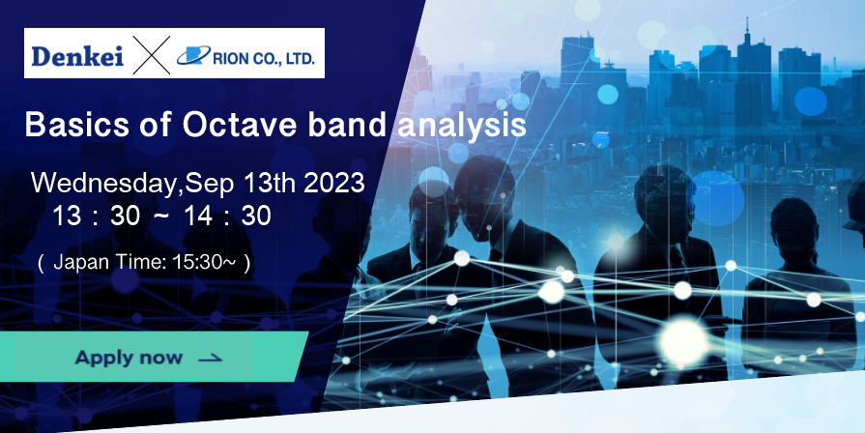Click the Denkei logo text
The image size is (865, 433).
pos(77,57)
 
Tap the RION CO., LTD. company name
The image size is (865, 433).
pos(264,58)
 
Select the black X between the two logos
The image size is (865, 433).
pos(151,55)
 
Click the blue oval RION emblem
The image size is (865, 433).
pos(193,55)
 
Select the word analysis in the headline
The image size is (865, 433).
pos(462,127)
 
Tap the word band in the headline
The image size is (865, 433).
pos(347,126)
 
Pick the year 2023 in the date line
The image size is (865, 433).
pos(334,183)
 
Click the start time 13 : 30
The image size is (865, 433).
pos(96,216)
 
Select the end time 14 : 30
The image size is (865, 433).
pos(227,216)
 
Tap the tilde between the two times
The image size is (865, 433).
pos(161,215)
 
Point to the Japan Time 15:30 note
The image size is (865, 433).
pos(144,263)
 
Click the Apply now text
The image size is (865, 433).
pos(129,358)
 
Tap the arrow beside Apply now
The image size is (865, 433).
pos(210,359)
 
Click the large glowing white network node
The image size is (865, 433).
pos(684,342)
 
